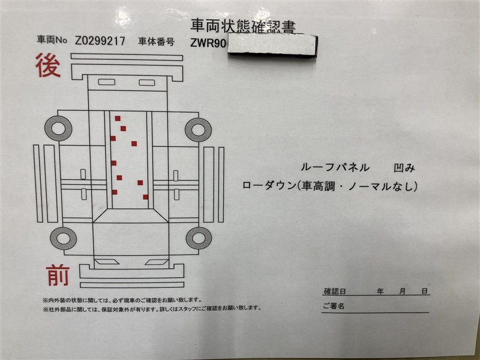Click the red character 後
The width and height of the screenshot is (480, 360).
click(x=48, y=65)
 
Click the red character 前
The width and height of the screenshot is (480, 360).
click(x=58, y=275)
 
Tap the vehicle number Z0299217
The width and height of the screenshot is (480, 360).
click(x=100, y=41)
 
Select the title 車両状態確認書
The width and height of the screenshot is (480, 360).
click(x=243, y=26)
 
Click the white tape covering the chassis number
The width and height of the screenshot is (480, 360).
click(x=272, y=46)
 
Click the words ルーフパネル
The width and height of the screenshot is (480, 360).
click(x=335, y=167)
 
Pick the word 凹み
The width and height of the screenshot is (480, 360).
click(x=404, y=168)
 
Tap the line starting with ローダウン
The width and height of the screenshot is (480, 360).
click(x=329, y=186)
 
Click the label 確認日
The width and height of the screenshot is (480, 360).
click(x=335, y=291)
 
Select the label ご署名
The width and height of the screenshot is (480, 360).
click(x=334, y=306)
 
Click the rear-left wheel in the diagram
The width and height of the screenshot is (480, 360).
click(x=58, y=128)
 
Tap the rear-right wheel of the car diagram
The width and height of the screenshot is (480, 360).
click(x=199, y=130)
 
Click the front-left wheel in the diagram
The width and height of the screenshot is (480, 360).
click(x=64, y=238)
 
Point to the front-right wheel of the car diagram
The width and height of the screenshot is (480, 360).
click(x=199, y=238)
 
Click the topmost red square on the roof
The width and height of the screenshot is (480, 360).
click(x=118, y=118)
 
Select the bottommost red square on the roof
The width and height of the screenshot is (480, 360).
click(x=145, y=197)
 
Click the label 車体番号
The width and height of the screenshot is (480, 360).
click(x=156, y=41)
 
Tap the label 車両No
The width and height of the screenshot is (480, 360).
click(x=52, y=40)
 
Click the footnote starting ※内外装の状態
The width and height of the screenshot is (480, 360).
click(x=122, y=300)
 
